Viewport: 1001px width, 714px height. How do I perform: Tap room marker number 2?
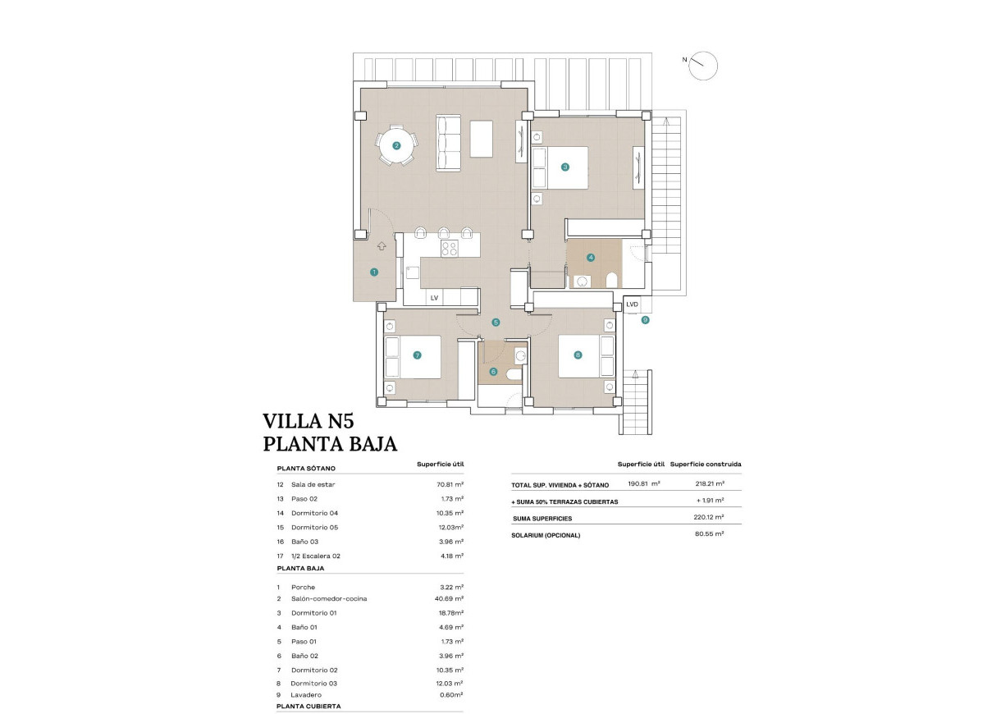click(396, 146)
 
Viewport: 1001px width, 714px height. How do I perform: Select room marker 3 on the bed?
click(565, 167)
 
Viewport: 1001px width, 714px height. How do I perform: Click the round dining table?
click(396, 146)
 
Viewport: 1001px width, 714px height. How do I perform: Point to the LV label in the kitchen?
click(434, 298)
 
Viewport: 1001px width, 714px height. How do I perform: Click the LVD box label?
click(632, 304)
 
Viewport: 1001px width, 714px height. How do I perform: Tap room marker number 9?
click(646, 320)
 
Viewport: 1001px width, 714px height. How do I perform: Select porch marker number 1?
click(374, 272)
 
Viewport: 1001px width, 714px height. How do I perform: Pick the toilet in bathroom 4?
click(610, 281)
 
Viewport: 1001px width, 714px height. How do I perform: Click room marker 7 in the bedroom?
click(418, 355)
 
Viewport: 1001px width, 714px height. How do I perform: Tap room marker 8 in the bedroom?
click(578, 355)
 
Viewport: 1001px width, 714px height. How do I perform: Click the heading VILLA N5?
click(308, 422)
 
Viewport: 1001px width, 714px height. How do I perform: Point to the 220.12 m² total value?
click(708, 518)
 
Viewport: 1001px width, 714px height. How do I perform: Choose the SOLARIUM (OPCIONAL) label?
click(546, 535)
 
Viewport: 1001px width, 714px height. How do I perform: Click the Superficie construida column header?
click(706, 465)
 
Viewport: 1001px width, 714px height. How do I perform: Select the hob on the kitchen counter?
click(449, 249)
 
